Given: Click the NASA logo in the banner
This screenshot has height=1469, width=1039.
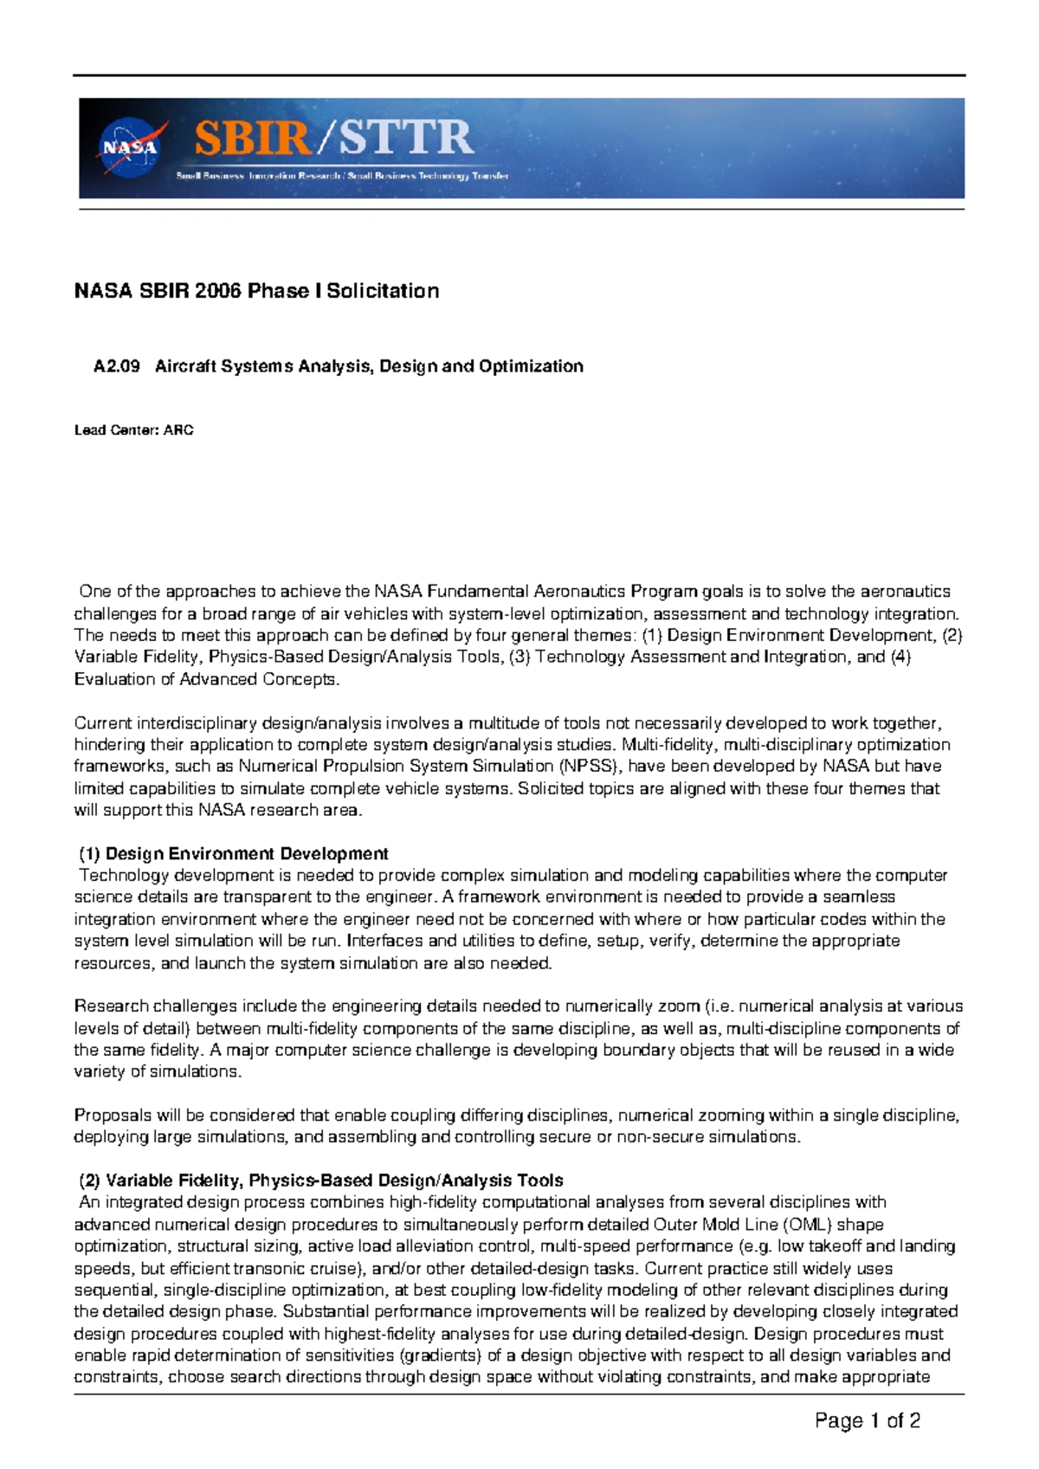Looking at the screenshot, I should point(132,147).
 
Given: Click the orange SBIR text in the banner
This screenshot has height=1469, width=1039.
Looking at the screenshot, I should point(251,139).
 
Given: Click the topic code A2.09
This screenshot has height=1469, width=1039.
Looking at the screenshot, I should point(117,366).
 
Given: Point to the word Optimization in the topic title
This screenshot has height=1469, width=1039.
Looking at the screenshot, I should point(531,366).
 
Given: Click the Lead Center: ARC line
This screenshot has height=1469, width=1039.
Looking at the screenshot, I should point(134,430).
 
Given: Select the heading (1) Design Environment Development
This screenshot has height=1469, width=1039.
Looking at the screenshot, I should point(233,854).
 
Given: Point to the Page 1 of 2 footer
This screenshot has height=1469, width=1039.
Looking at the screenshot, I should point(867,1420).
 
